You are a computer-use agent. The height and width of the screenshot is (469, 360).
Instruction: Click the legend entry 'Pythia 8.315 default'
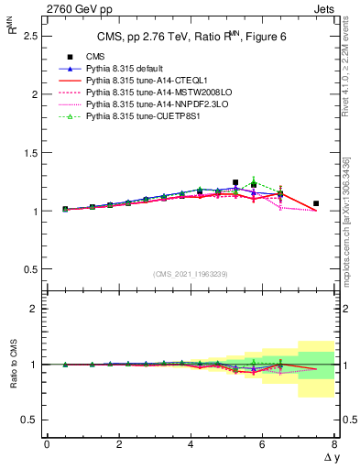tap(129, 69)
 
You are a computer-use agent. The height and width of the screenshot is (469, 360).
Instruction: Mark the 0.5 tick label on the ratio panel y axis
tap(27, 420)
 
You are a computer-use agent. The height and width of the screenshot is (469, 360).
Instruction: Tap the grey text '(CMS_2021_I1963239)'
tap(190, 274)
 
